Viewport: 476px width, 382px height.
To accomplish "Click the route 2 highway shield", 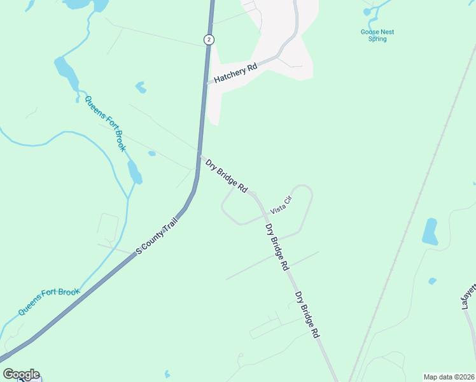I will (209, 39).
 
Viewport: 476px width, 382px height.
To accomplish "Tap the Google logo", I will (21, 374).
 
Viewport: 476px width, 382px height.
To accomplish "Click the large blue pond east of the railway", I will (430, 232).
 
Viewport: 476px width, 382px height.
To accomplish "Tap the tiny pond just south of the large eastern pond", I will (432, 281).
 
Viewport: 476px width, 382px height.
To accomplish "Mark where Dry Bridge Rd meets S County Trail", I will (200, 155).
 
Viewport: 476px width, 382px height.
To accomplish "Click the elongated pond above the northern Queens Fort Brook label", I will (66, 73).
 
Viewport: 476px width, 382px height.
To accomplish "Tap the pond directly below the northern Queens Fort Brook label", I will (134, 171).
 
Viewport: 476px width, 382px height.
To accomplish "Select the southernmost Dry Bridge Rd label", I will (307, 315).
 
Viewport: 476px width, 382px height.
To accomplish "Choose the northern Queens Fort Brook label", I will (105, 123).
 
